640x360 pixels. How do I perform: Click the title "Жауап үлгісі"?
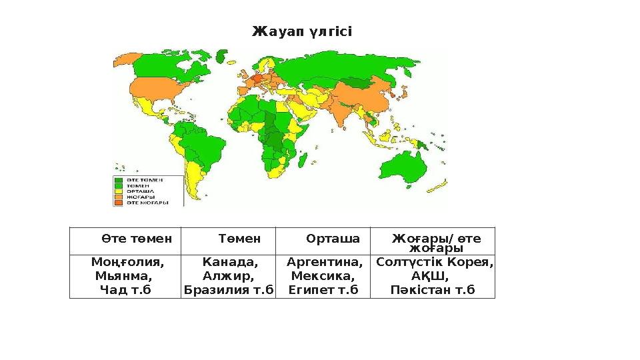tap(301, 32)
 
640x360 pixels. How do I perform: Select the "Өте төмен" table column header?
tap(137, 238)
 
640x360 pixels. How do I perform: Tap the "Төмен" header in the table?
tap(239, 238)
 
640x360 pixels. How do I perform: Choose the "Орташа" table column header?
tap(333, 238)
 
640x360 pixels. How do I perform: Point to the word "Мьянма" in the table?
tap(122, 276)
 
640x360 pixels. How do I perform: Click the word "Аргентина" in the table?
tap(324, 262)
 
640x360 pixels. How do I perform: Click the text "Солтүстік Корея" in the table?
tap(434, 262)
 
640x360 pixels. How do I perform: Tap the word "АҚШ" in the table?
tap(429, 276)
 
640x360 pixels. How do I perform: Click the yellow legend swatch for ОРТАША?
tap(119, 191)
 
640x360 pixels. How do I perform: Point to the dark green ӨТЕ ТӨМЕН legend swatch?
tap(119, 179)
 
